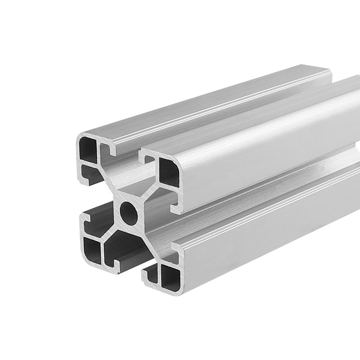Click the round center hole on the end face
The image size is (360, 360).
pyautogui.click(x=130, y=210)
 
